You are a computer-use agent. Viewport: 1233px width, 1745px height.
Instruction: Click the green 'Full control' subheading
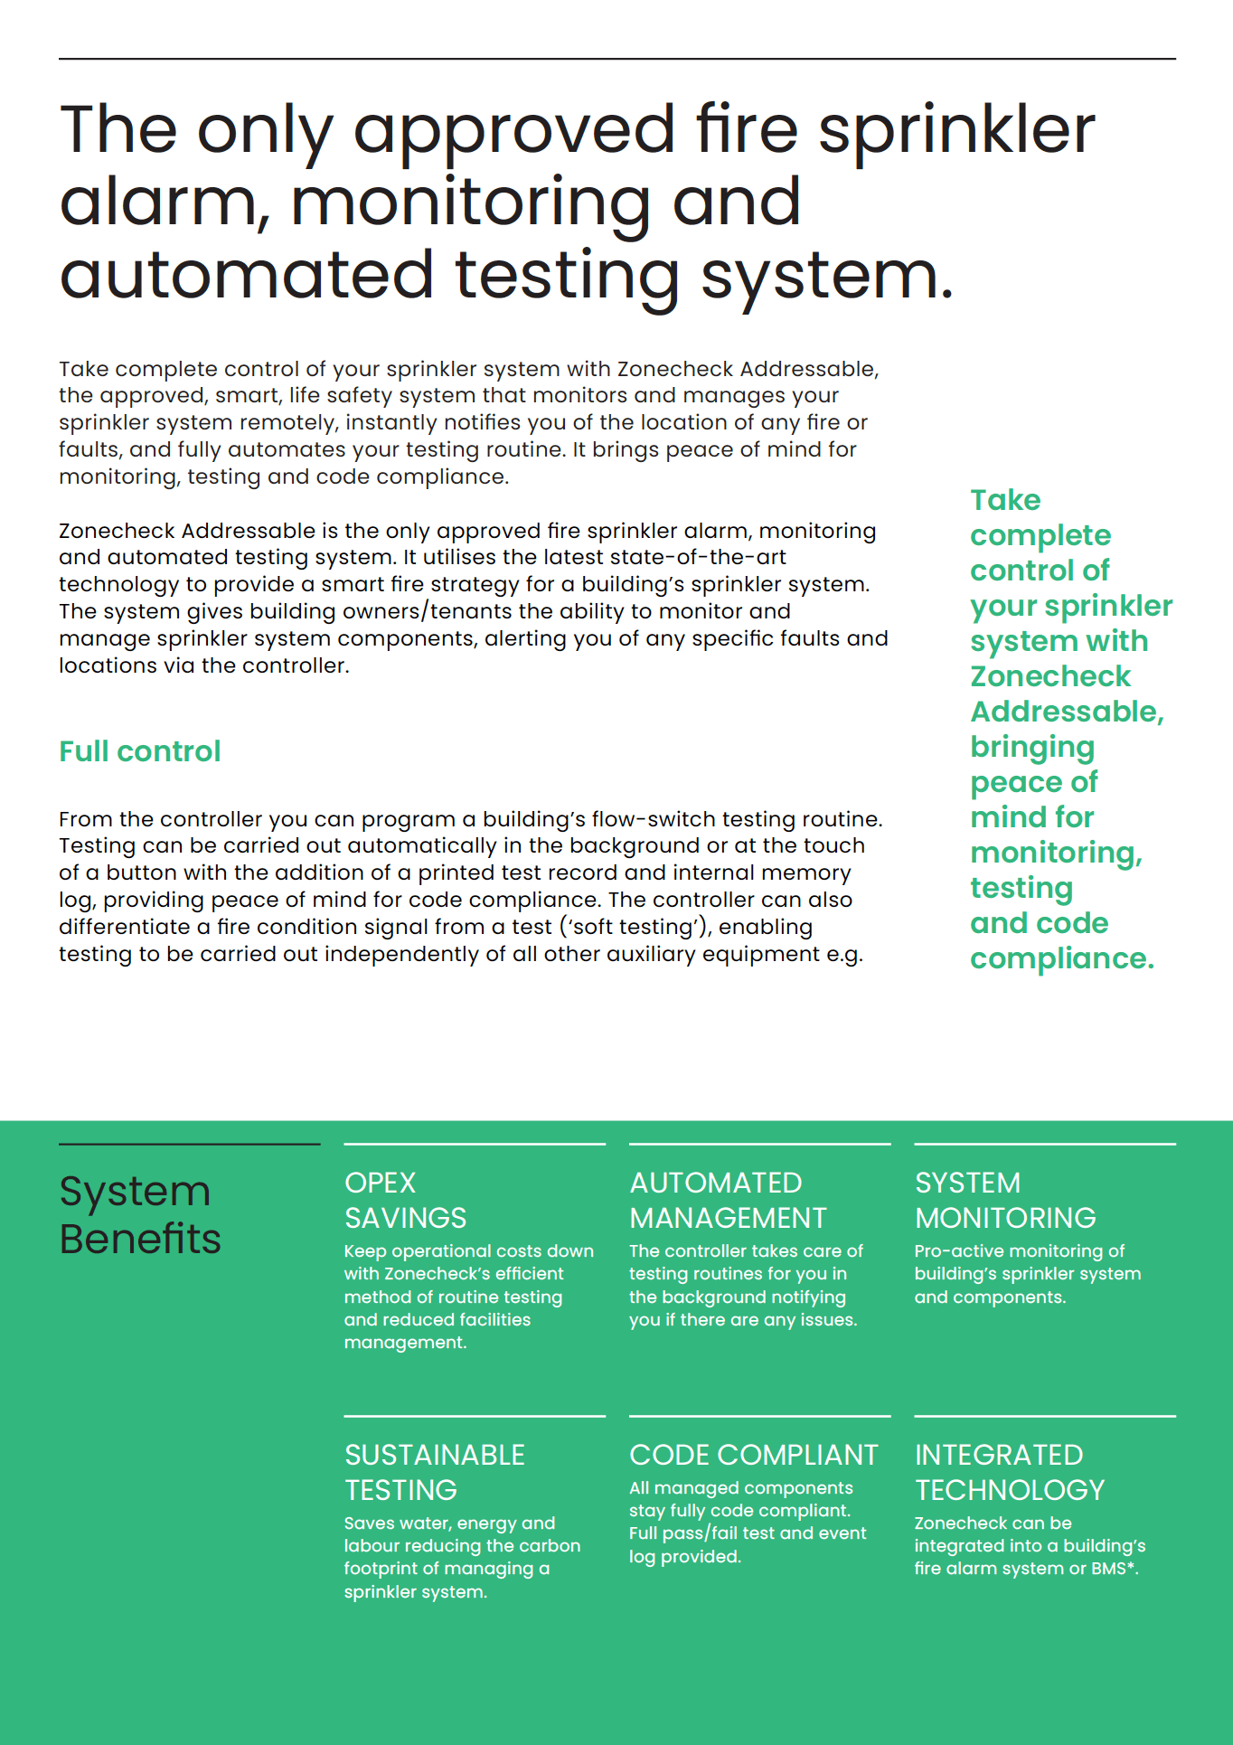click(140, 751)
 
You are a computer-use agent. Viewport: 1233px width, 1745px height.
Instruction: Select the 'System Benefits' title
click(140, 1215)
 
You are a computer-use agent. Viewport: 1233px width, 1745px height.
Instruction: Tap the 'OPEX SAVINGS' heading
click(406, 1200)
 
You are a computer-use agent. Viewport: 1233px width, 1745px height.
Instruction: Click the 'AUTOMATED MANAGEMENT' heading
click(728, 1200)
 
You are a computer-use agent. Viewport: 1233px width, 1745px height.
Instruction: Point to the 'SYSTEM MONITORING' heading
click(1005, 1200)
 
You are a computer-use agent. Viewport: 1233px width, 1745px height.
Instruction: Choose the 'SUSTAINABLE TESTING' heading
click(435, 1472)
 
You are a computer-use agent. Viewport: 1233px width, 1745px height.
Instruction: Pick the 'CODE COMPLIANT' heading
click(753, 1455)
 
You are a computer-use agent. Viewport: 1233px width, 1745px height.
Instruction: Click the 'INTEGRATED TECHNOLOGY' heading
click(1010, 1472)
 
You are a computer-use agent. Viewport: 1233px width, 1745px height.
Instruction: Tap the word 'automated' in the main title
click(247, 276)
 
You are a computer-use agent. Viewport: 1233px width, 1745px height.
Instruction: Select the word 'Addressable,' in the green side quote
click(1067, 712)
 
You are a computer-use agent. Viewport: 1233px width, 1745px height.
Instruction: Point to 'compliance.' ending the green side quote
click(1062, 958)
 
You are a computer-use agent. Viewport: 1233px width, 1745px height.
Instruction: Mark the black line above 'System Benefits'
click(190, 1144)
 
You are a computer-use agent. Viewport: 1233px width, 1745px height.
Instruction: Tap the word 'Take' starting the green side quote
click(1005, 500)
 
